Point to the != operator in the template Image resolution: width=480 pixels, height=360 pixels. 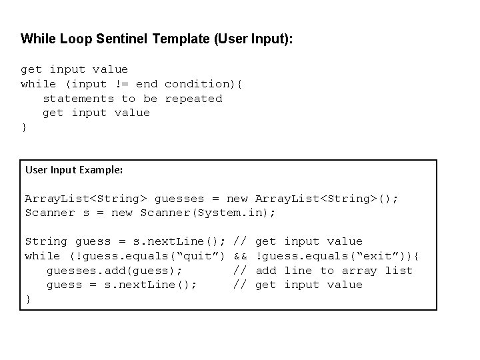coord(121,84)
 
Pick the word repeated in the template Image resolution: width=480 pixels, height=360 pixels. coord(193,99)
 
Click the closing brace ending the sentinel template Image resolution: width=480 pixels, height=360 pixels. coord(25,127)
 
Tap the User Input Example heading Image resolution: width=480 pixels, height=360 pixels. coord(74,170)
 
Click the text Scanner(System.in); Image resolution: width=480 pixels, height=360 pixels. coord(208,213)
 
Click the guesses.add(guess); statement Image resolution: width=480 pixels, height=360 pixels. coord(114,271)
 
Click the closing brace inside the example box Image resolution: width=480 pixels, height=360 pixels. coord(28,300)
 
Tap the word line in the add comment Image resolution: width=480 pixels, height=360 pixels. coord(298,271)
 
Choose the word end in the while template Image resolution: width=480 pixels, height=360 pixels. coord(147,84)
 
